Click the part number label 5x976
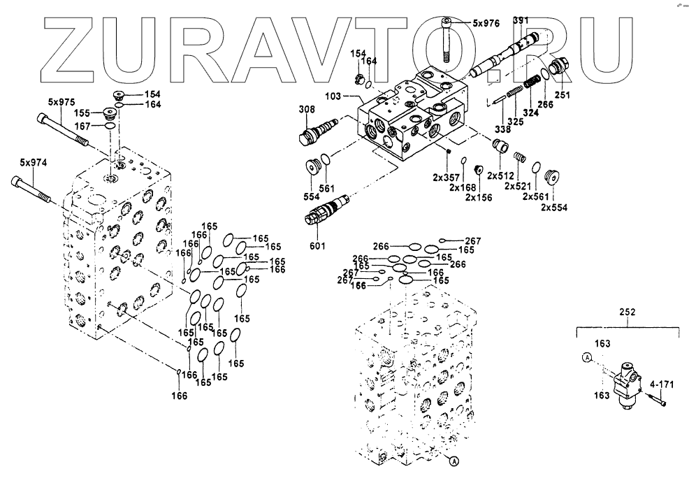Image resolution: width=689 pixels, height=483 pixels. tap(486, 23)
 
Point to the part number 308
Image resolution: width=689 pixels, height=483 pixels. tap(307, 109)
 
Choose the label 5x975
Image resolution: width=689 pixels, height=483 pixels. tap(61, 102)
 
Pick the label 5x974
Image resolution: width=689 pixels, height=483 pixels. tap(33, 163)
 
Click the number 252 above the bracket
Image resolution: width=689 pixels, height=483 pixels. tap(627, 314)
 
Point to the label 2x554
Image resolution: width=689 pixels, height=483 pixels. tap(555, 207)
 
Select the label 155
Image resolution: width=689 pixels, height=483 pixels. tap(82, 112)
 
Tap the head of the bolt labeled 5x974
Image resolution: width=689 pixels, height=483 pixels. tap(17, 182)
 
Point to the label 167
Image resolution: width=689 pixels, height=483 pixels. tap(82, 127)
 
